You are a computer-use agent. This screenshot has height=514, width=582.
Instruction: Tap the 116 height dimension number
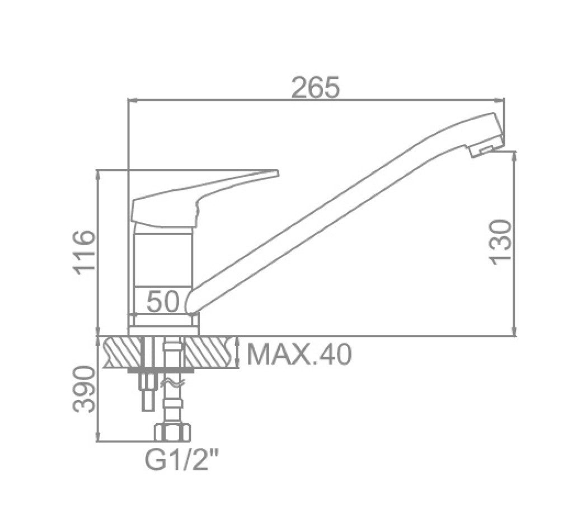[85, 252]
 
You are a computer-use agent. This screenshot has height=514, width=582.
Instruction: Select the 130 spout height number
[501, 242]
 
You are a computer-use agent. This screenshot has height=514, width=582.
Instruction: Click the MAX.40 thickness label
[299, 354]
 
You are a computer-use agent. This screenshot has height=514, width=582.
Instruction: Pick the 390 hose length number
[84, 389]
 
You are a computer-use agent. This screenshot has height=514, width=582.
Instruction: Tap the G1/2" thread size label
[180, 460]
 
